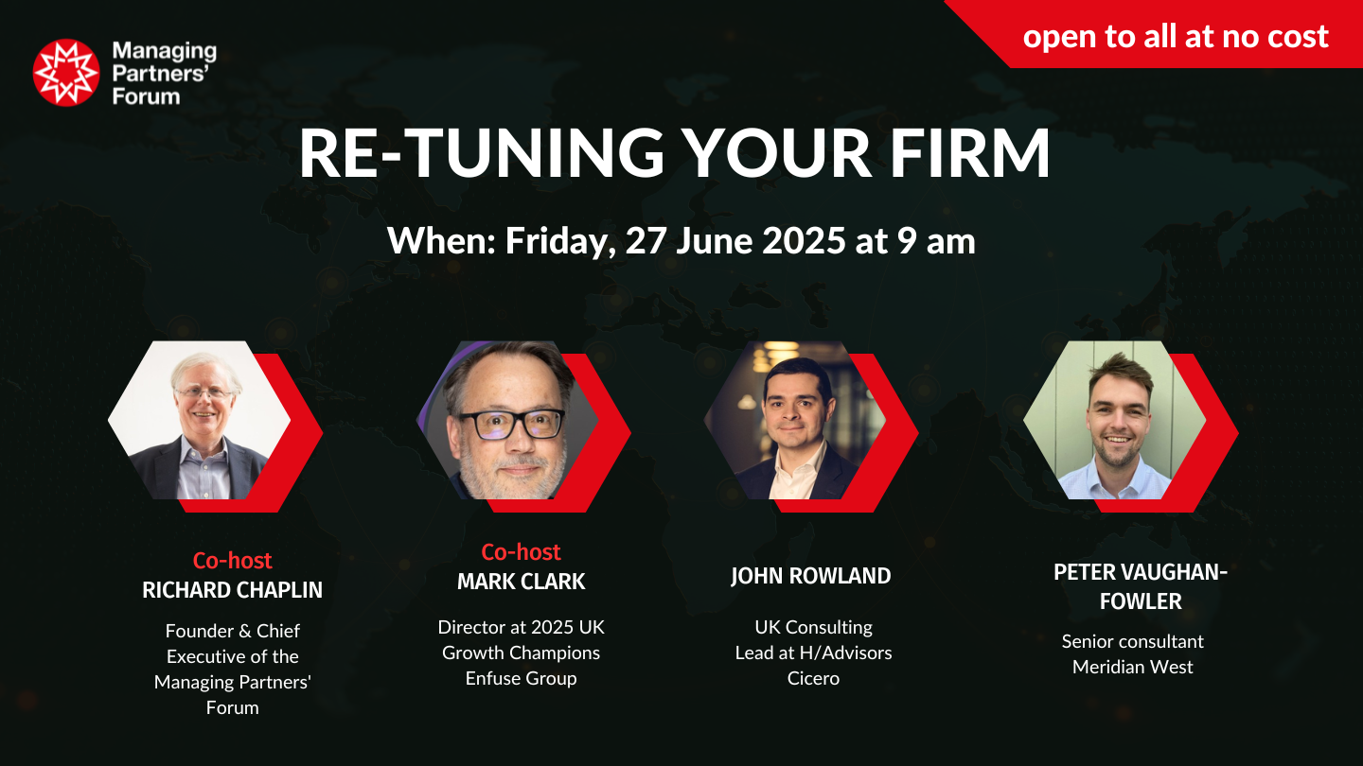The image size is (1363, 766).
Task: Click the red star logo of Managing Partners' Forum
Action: (65, 73)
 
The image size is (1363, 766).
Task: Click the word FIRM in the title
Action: (970, 152)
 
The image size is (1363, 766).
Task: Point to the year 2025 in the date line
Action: (804, 241)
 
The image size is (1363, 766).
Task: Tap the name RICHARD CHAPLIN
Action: (233, 590)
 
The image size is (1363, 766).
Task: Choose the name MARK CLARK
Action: (521, 582)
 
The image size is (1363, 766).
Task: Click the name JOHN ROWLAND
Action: (810, 576)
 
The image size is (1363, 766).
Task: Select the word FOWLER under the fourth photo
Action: (1141, 601)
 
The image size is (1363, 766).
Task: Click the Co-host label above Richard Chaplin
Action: (233, 561)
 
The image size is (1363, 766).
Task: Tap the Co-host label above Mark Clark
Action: (521, 552)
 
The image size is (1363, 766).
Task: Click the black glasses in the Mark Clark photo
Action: (511, 424)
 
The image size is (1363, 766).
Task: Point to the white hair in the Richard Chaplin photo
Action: (202, 369)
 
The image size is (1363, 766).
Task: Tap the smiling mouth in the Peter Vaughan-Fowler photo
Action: (1119, 440)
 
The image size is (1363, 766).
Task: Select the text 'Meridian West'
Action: (1132, 667)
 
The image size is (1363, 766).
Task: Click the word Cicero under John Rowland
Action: (813, 678)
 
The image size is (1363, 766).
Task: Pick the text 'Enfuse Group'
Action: (521, 678)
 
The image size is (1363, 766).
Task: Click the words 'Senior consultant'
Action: (1132, 641)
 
